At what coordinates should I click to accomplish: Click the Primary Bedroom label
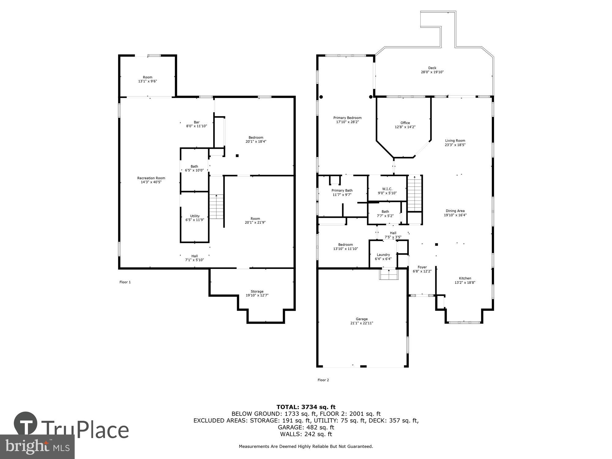(x=347, y=118)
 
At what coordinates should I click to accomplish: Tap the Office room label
(x=405, y=123)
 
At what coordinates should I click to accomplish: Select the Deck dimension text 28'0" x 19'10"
(x=432, y=72)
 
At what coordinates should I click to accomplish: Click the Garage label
(x=362, y=319)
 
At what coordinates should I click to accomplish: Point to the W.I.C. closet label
(x=387, y=189)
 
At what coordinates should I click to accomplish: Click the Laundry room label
(x=383, y=255)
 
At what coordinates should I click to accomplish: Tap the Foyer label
(x=422, y=267)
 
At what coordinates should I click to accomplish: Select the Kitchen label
(x=465, y=278)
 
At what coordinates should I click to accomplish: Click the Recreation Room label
(x=151, y=178)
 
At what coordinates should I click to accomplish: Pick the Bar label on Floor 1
(x=196, y=122)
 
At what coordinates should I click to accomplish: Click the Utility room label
(x=195, y=216)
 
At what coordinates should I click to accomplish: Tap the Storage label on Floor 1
(x=257, y=291)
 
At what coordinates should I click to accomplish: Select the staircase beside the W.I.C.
(x=415, y=194)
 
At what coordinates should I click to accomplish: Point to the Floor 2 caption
(x=323, y=380)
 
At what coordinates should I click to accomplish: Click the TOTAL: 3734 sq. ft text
(x=306, y=407)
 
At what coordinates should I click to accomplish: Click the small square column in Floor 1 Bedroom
(x=237, y=156)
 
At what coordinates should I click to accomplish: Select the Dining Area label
(x=455, y=211)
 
